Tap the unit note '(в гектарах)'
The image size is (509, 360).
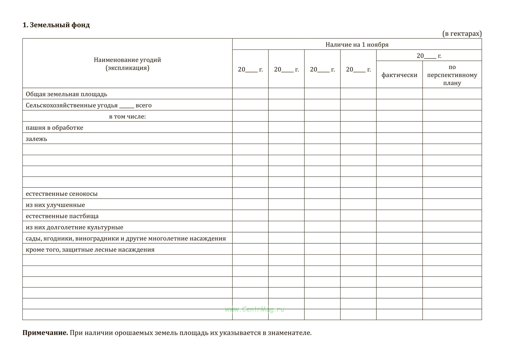point(462,34)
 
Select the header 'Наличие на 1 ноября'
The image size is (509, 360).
point(357,45)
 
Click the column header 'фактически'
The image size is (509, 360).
point(399,75)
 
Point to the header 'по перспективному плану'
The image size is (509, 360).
point(452,75)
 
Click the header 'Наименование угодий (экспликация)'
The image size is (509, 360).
point(127,64)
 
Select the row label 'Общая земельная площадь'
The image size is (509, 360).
point(66,94)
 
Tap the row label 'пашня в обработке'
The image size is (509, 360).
point(54,128)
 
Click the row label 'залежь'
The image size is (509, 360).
point(36,139)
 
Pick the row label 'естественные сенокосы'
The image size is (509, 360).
point(61,194)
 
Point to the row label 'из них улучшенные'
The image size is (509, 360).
point(55,205)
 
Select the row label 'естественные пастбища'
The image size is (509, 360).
point(62,216)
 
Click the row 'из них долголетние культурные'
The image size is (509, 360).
point(74,227)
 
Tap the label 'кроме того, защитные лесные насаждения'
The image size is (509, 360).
point(90,250)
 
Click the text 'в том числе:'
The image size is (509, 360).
point(127,116)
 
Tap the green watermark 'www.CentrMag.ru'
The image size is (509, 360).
point(254,309)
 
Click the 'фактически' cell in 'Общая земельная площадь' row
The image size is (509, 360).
point(399,94)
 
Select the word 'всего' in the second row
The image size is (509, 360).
point(144,105)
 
